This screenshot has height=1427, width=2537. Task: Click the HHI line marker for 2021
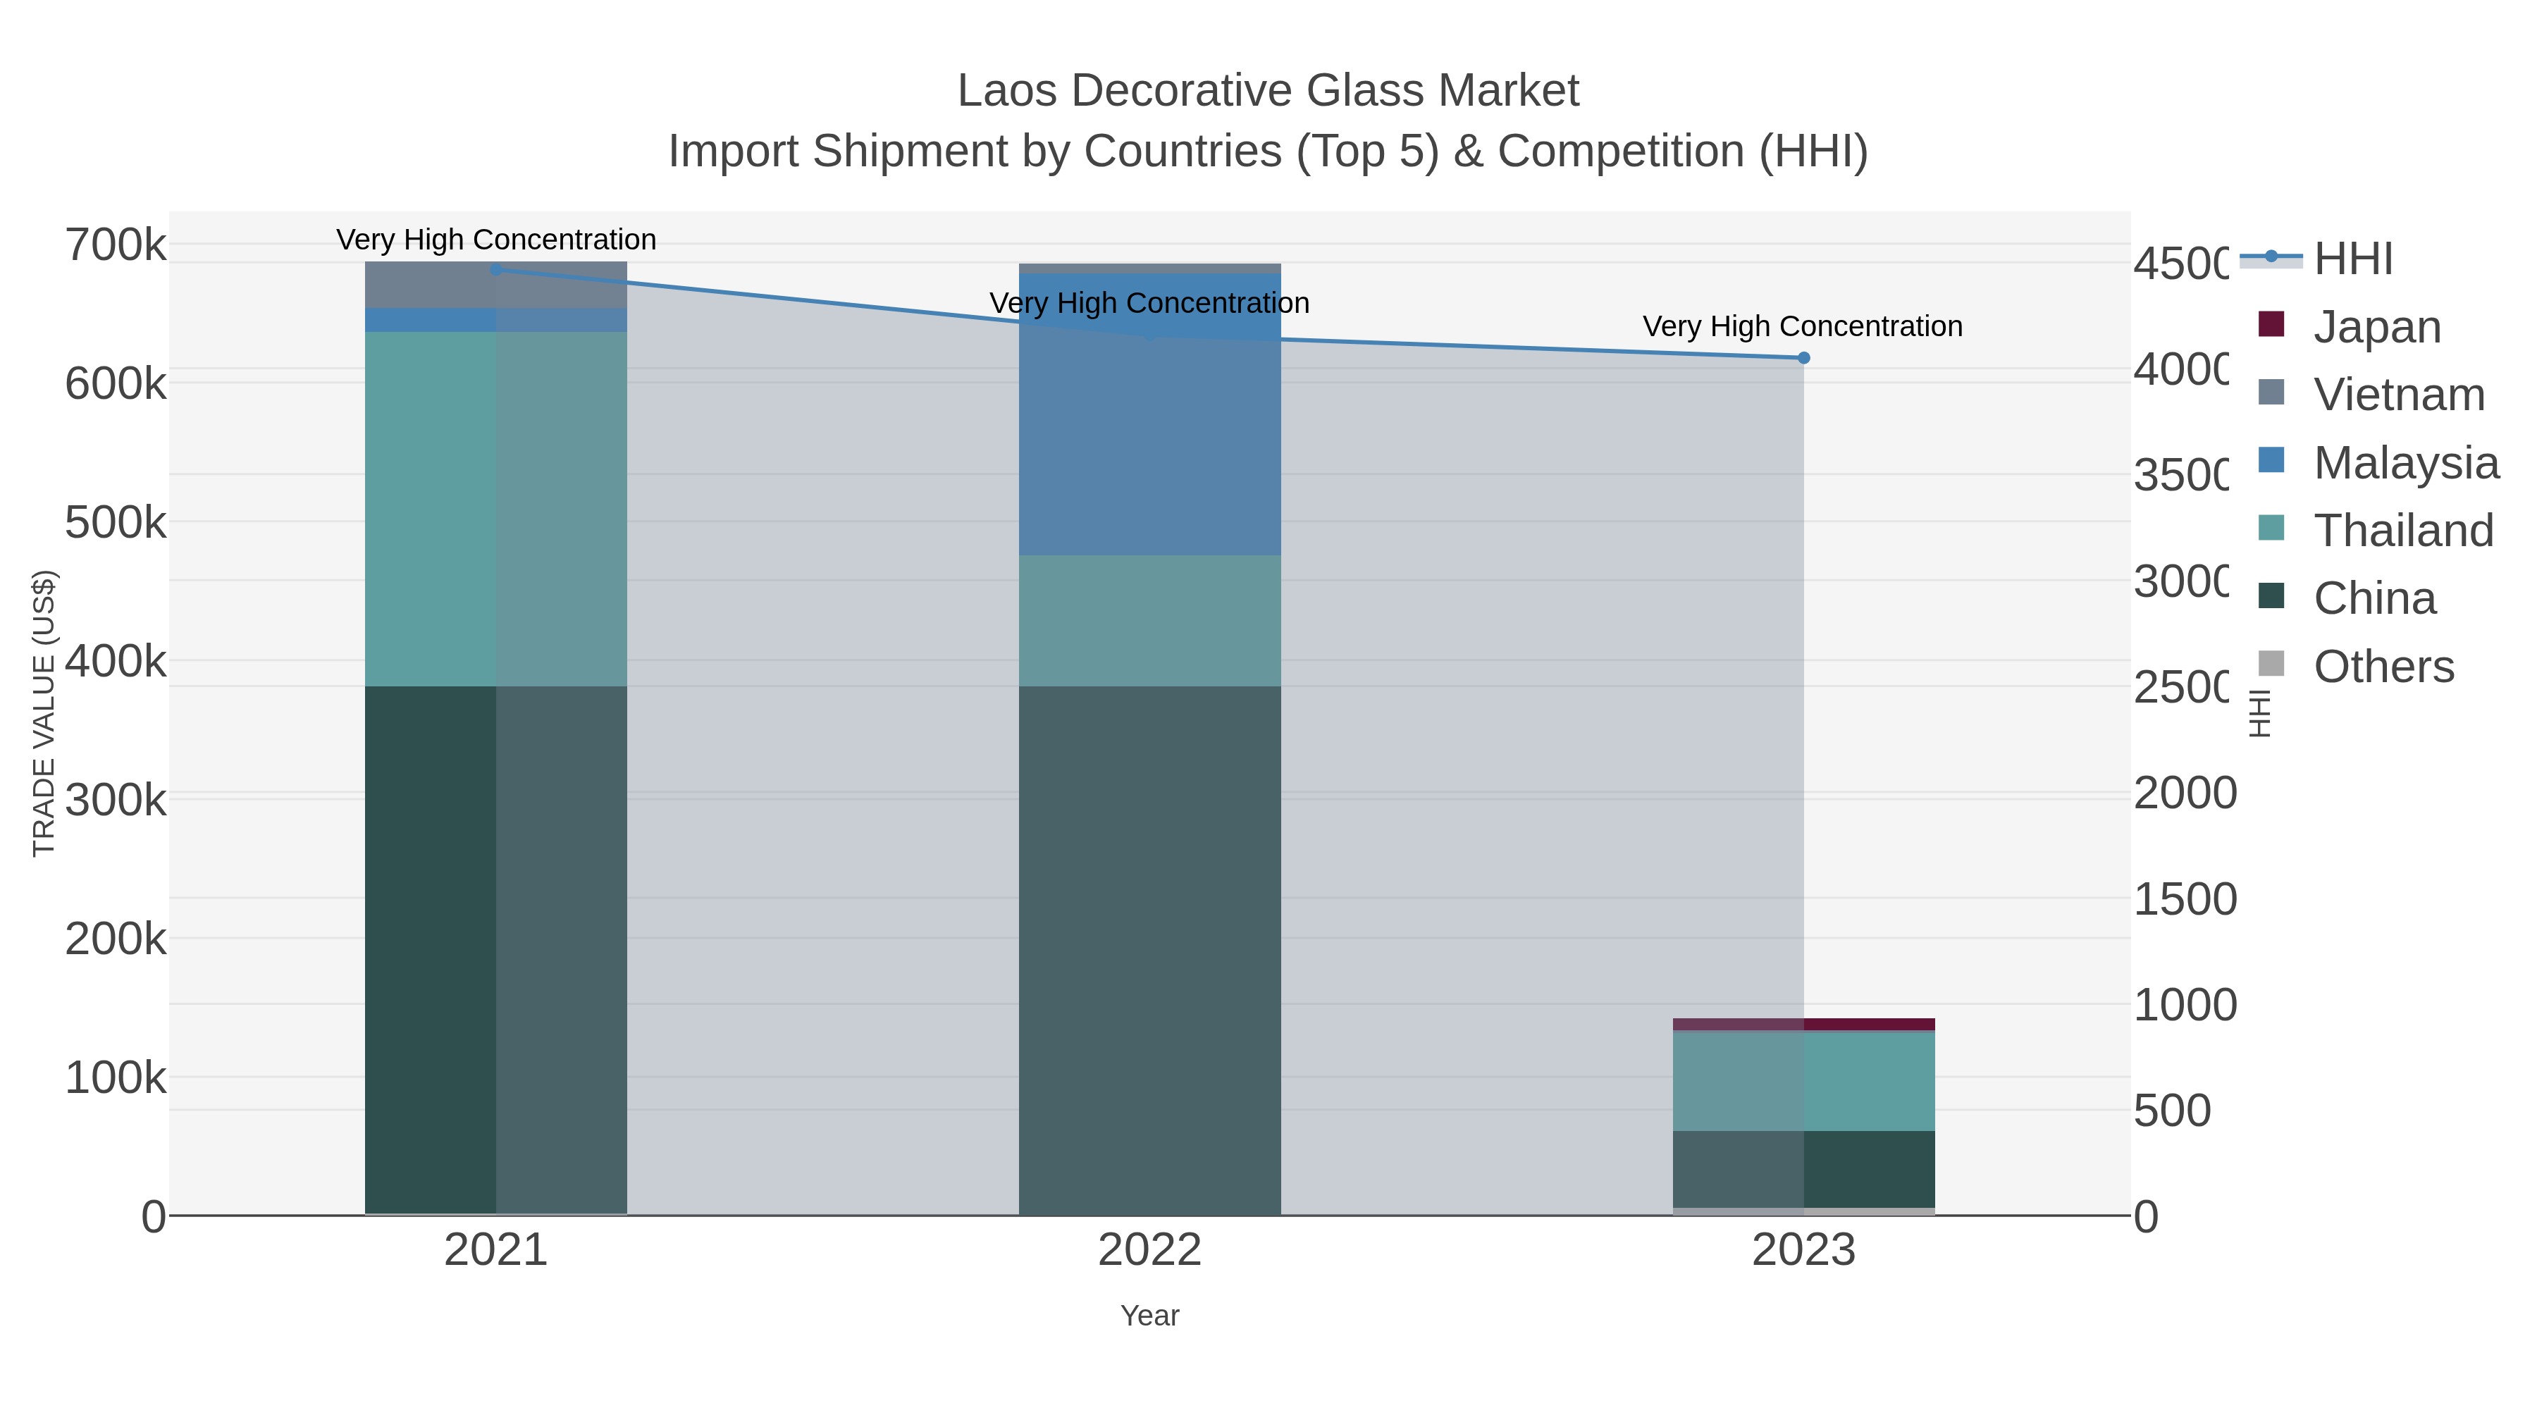click(496, 269)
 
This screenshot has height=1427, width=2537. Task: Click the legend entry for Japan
click(2376, 327)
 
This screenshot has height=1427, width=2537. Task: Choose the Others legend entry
click(2383, 667)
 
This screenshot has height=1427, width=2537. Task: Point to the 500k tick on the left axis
click(116, 522)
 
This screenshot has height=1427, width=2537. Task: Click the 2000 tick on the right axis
click(2183, 793)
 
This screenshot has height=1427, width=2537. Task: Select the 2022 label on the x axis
click(1149, 1249)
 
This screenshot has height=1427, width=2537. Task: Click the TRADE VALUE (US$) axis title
click(44, 713)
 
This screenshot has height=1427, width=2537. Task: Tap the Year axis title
click(1149, 1316)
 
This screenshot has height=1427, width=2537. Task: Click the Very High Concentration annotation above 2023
click(1802, 326)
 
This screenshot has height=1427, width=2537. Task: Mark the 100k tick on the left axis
click(116, 1078)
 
